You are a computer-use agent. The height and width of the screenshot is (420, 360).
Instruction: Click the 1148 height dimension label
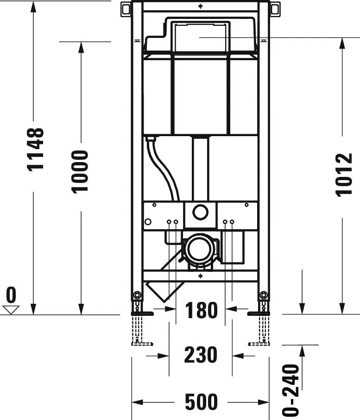(35, 149)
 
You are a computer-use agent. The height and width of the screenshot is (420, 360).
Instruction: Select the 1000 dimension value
(80, 171)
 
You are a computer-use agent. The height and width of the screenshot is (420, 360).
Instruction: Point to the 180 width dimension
(201, 310)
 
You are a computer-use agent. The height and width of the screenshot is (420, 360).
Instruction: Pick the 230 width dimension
(201, 355)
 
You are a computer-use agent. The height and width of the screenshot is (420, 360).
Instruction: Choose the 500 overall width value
(201, 402)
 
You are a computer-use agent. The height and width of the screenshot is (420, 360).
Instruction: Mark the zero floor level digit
(11, 295)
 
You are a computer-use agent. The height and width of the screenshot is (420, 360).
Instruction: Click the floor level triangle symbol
(11, 309)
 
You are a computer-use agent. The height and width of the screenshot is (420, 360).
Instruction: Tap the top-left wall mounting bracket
(126, 9)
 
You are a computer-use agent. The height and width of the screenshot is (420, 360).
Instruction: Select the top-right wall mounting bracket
(275, 9)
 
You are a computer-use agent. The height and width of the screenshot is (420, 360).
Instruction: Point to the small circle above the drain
(200, 213)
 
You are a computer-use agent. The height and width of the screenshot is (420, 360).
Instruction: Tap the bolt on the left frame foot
(137, 295)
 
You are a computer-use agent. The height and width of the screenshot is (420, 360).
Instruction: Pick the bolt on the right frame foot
(264, 295)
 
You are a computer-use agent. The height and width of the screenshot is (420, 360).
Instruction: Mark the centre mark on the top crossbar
(201, 6)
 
